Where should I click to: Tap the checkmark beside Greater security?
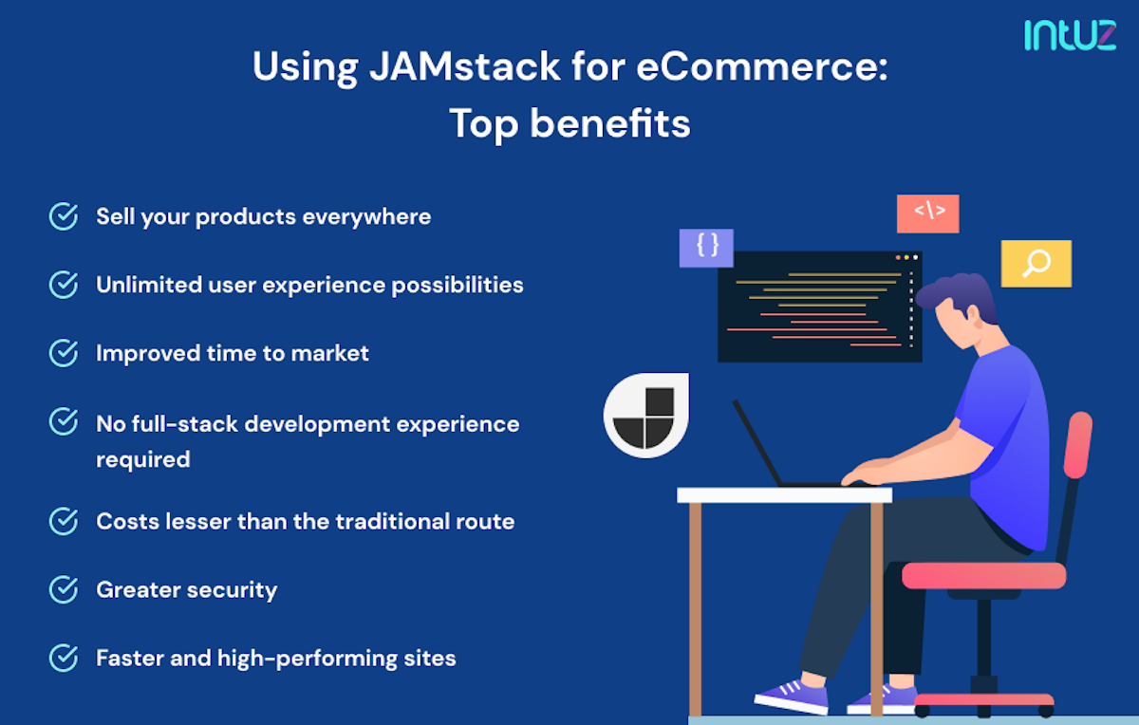64,589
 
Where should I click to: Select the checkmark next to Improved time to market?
64,353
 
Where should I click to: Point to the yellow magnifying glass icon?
1036,263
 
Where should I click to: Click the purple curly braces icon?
706,247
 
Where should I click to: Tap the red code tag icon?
927,213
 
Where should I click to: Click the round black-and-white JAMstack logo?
645,416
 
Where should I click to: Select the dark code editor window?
819,306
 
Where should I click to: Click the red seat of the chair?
983,574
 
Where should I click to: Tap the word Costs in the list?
123,521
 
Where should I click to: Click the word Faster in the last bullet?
127,658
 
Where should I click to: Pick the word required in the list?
142,459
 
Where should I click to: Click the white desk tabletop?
784,494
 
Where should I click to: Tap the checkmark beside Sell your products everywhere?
64,216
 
